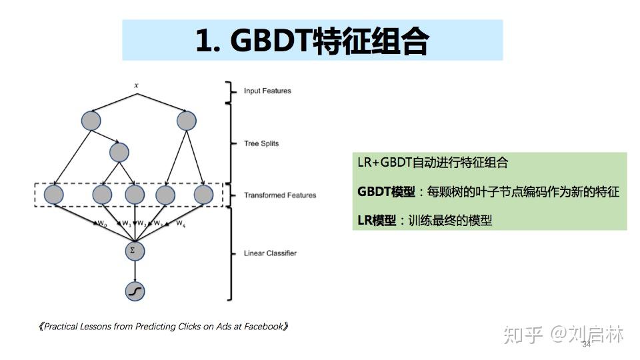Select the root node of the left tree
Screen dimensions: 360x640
click(x=91, y=121)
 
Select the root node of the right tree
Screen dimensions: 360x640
click(x=187, y=121)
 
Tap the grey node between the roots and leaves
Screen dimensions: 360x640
click(x=118, y=153)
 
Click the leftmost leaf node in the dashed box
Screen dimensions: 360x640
click(x=53, y=195)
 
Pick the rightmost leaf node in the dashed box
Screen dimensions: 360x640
click(x=203, y=195)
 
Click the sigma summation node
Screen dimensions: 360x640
click(x=135, y=251)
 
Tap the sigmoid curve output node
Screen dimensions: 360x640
click(x=135, y=291)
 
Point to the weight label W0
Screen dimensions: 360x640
click(x=103, y=223)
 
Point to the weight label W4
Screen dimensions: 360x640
click(x=181, y=223)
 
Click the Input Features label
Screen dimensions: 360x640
click(x=267, y=91)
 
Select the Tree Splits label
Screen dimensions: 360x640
click(x=261, y=143)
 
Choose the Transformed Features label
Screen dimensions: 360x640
click(x=280, y=195)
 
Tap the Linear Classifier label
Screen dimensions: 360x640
click(x=270, y=253)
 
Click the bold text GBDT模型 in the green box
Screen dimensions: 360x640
click(x=386, y=192)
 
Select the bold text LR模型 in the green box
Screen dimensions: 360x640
click(x=377, y=221)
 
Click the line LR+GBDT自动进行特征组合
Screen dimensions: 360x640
click(x=433, y=163)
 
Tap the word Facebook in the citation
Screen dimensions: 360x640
click(x=263, y=327)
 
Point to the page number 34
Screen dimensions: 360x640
click(x=587, y=345)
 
